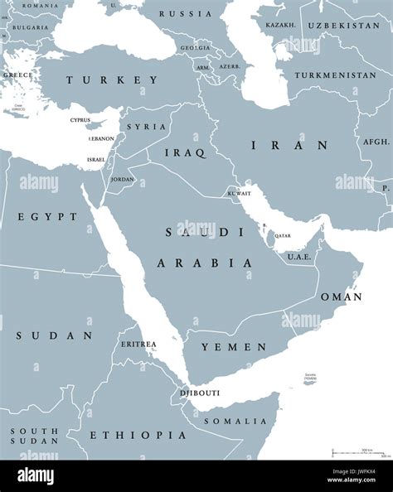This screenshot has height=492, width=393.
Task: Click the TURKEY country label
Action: [x=112, y=80]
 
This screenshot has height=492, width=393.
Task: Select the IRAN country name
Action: [x=278, y=145]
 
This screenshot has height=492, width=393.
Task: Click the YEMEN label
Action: [x=238, y=347]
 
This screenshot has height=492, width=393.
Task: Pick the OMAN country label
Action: [x=340, y=296]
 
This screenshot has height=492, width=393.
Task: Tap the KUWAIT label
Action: [x=239, y=193]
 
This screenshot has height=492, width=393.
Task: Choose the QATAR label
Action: [x=283, y=236]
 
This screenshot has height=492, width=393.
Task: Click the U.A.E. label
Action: [x=298, y=257]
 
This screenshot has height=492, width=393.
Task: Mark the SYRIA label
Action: [x=146, y=127]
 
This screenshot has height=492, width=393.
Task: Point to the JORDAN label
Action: [x=122, y=179]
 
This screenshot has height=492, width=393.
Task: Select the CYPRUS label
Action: [x=80, y=120]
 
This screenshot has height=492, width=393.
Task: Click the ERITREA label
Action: [x=138, y=343]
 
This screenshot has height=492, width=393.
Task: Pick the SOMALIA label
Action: [x=237, y=421]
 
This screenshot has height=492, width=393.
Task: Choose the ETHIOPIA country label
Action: [x=126, y=435]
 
